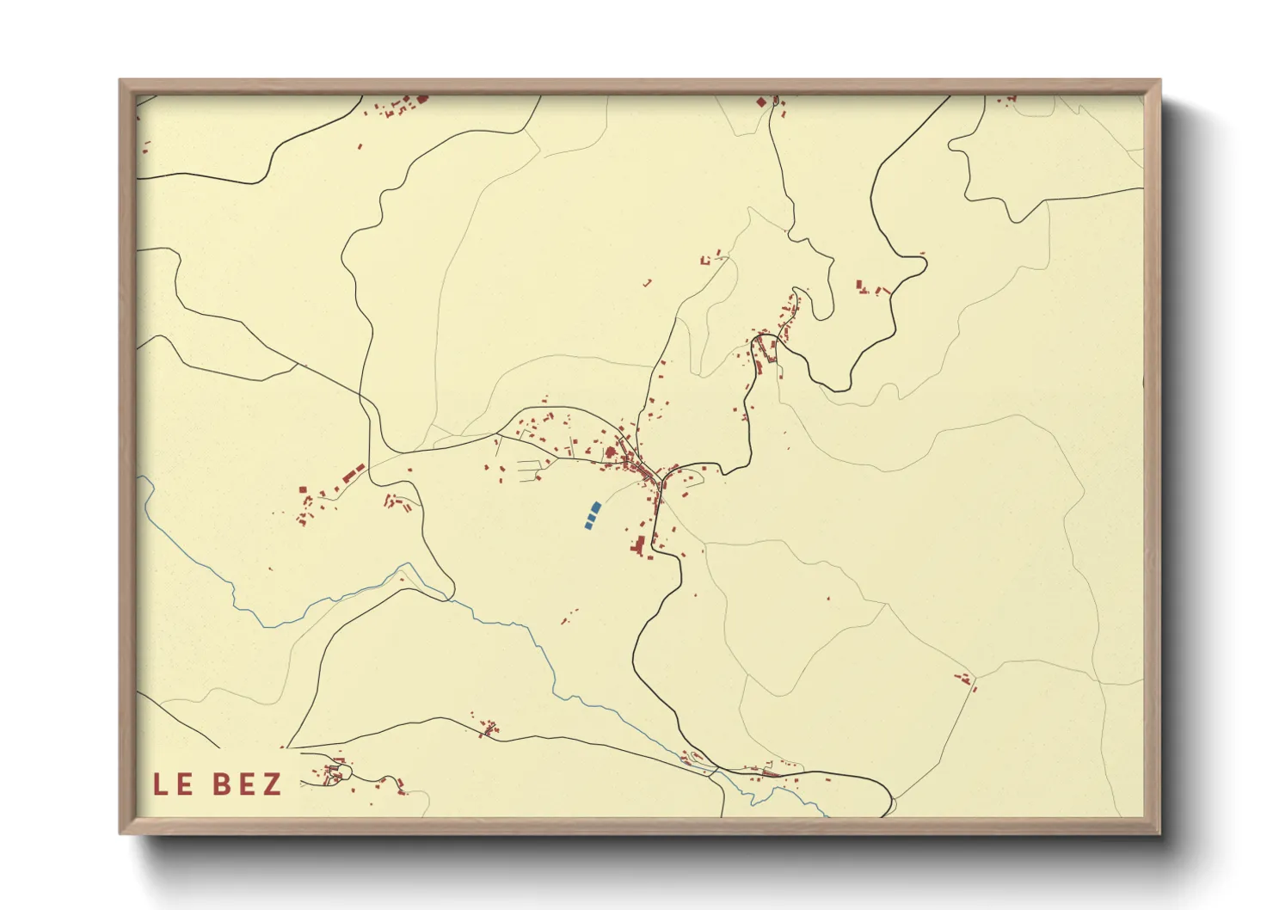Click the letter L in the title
(x=161, y=784)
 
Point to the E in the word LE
(x=185, y=784)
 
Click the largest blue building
(x=596, y=507)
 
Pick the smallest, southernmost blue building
(x=588, y=525)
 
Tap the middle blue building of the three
(x=592, y=516)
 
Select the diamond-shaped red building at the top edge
(x=760, y=102)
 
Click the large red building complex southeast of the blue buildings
(x=639, y=546)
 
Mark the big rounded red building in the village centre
(x=612, y=452)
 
